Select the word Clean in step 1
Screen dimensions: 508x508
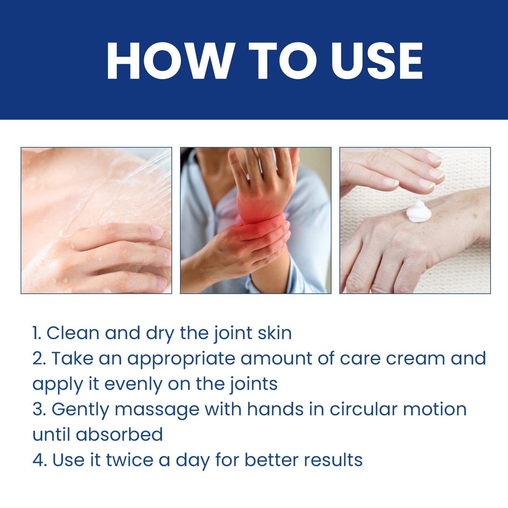(x=73, y=333)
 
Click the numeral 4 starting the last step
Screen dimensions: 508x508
(x=37, y=460)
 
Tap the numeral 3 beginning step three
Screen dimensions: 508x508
(x=37, y=410)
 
